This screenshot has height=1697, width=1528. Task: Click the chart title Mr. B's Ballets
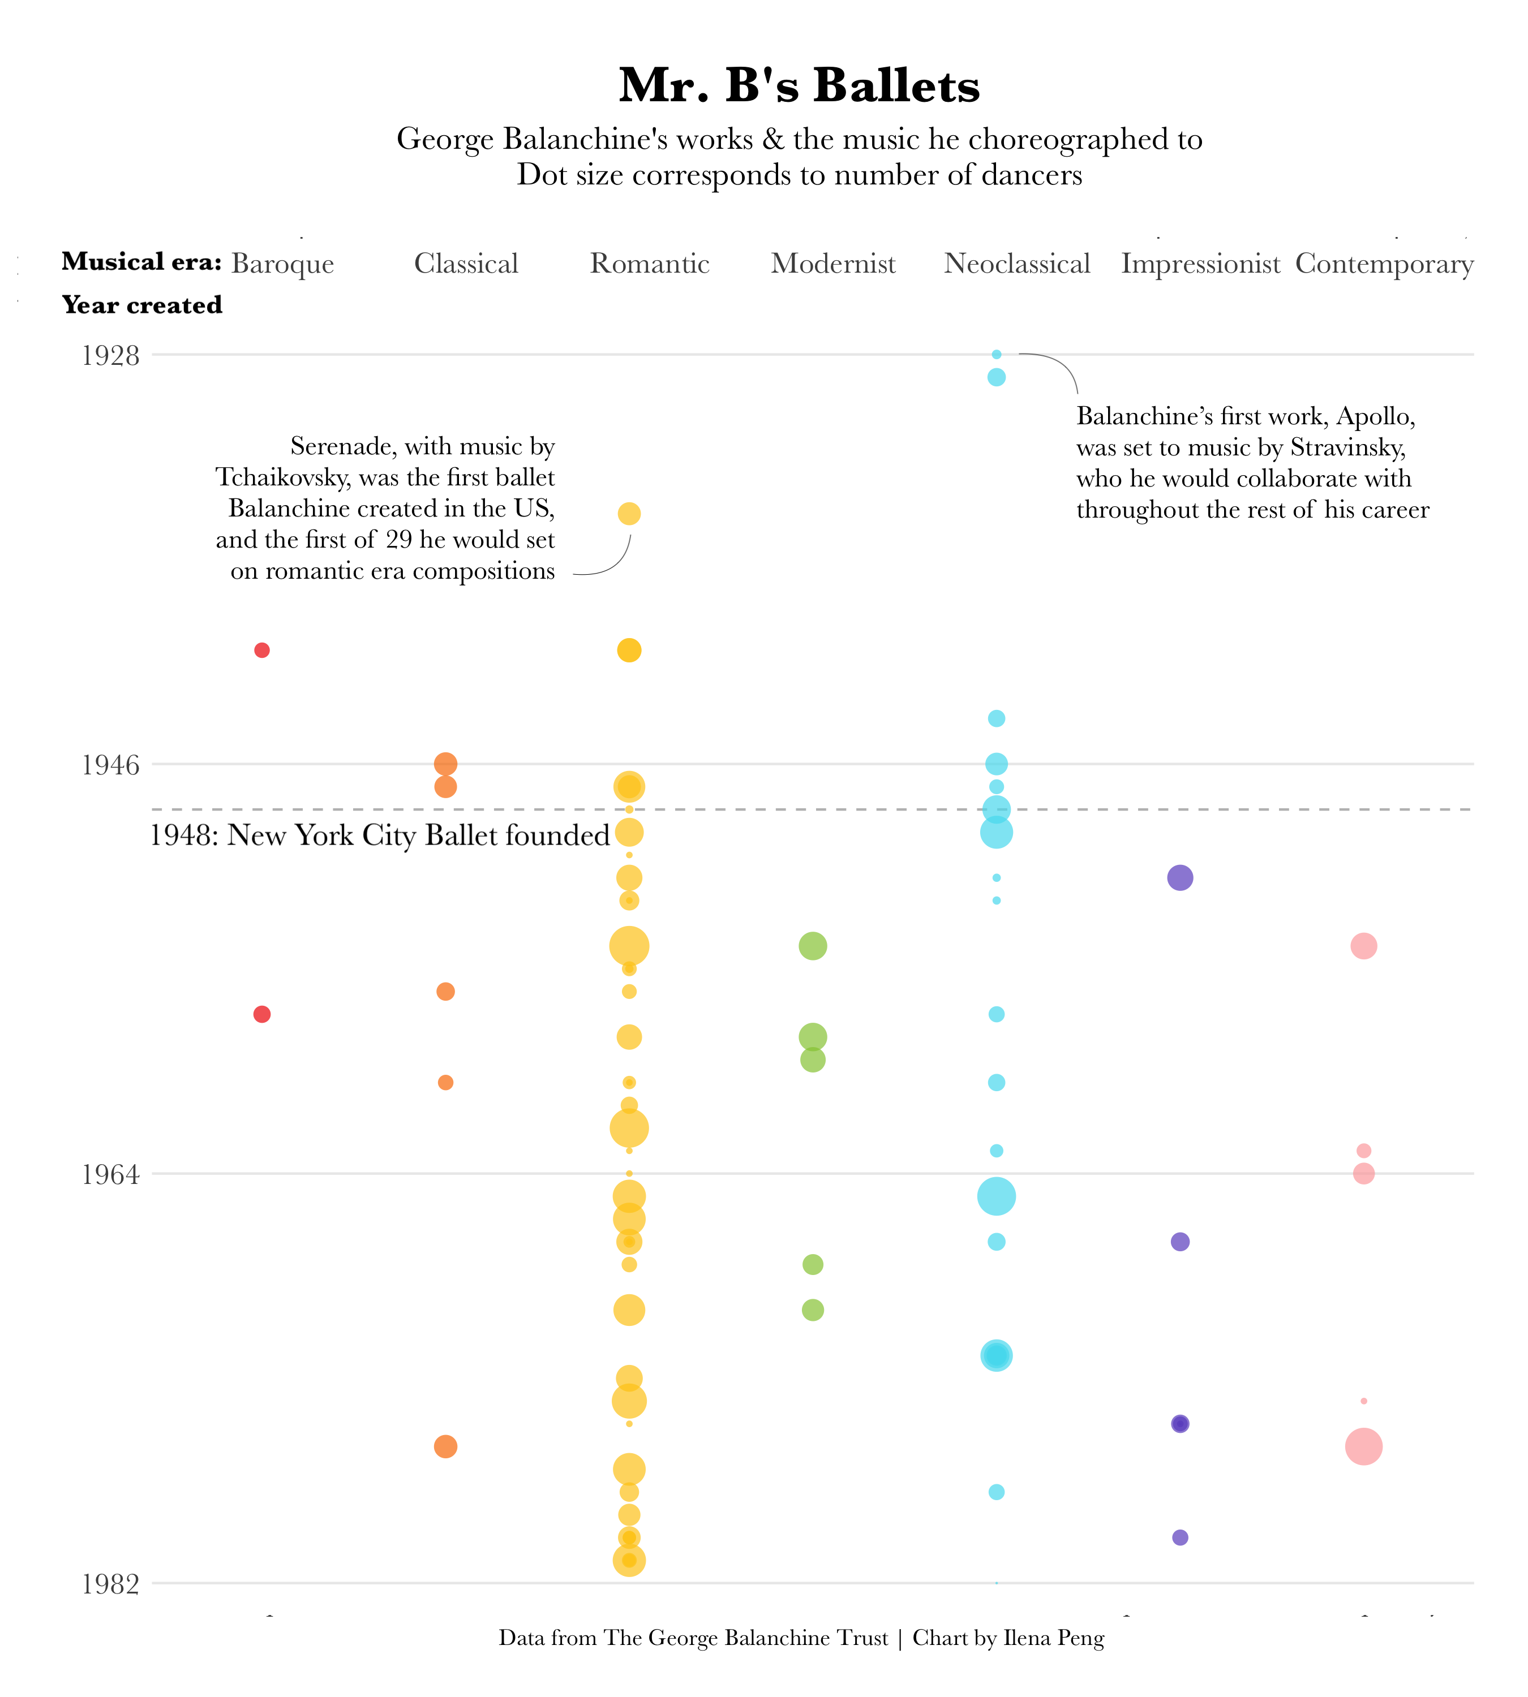799,85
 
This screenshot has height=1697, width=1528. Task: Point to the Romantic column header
649,264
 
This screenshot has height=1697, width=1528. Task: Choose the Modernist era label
833,264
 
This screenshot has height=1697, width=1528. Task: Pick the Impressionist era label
1200,264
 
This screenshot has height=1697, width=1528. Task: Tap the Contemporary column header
1384,264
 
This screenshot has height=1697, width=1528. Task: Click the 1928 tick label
110,356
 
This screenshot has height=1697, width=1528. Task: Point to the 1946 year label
110,765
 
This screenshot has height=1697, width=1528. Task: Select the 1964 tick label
110,1175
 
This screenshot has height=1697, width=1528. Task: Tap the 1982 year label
110,1584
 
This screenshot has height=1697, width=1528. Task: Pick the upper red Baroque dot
262,651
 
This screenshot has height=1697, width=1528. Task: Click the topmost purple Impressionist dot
1179,878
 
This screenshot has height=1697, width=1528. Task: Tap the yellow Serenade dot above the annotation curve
629,514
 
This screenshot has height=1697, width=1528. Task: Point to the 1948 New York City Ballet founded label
380,836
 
